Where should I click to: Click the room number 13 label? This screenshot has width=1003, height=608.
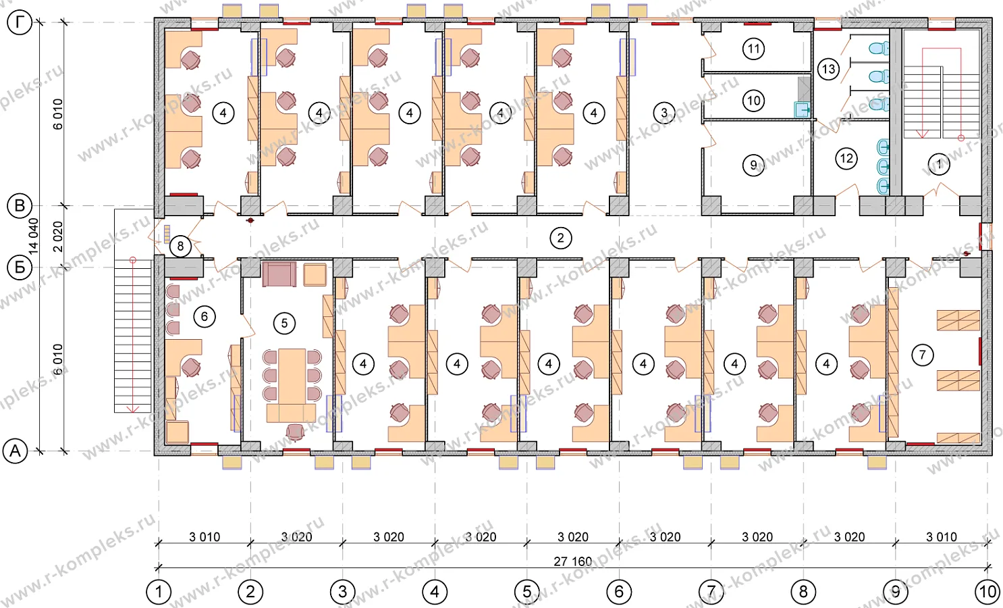pyautogui.click(x=828, y=69)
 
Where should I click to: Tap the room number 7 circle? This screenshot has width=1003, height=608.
pyautogui.click(x=923, y=355)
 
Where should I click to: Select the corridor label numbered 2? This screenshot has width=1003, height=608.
pyautogui.click(x=561, y=238)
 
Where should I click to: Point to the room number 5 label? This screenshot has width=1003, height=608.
pyautogui.click(x=284, y=323)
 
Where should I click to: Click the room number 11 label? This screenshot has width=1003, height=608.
pyautogui.click(x=753, y=49)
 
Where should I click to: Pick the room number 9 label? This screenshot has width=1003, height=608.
pyautogui.click(x=753, y=165)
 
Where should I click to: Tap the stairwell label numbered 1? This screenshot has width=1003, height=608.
pyautogui.click(x=938, y=163)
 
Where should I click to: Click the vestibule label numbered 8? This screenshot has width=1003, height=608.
pyautogui.click(x=180, y=246)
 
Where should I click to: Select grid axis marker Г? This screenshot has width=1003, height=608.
pyautogui.click(x=20, y=22)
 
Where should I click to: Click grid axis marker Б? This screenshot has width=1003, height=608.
pyautogui.click(x=20, y=268)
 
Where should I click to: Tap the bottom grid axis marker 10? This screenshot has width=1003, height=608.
pyautogui.click(x=987, y=592)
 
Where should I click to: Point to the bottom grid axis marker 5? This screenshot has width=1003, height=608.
pyautogui.click(x=527, y=592)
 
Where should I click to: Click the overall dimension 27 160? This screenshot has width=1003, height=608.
pyautogui.click(x=572, y=561)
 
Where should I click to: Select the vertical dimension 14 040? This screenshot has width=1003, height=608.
pyautogui.click(x=34, y=236)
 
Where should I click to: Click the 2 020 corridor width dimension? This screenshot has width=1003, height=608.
pyautogui.click(x=58, y=236)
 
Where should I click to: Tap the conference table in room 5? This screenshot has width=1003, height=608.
pyautogui.click(x=292, y=376)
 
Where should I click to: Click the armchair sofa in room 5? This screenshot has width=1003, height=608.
pyautogui.click(x=279, y=274)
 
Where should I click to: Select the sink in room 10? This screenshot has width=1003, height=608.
pyautogui.click(x=802, y=109)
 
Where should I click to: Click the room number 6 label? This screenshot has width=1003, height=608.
pyautogui.click(x=205, y=317)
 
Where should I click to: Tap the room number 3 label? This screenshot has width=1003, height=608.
pyautogui.click(x=664, y=112)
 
